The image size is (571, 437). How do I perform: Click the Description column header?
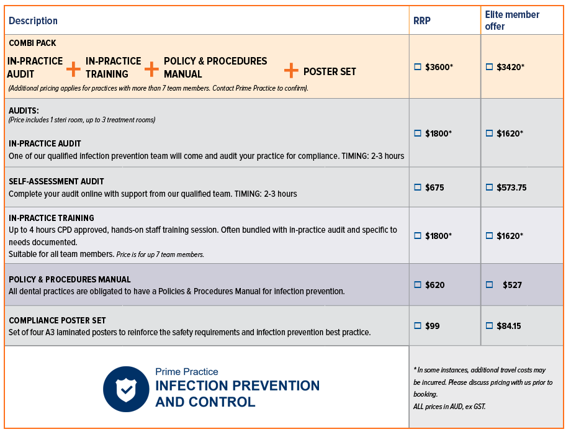33,21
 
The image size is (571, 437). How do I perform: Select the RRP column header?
422,21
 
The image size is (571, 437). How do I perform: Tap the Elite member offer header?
512,20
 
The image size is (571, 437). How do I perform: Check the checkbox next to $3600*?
418,66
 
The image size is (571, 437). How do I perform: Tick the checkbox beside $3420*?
489,66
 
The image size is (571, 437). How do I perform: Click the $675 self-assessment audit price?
434,187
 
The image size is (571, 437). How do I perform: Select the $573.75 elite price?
511,187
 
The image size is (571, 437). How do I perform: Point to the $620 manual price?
434,285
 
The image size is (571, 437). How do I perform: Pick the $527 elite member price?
512,285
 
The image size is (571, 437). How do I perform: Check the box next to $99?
418,325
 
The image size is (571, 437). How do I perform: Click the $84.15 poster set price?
509,325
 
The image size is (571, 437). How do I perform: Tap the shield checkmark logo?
126,389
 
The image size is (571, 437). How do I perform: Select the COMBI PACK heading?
32,43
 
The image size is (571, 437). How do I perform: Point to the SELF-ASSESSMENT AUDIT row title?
56,181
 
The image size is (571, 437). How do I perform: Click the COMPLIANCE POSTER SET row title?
57,320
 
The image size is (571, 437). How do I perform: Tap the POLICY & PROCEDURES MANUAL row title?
70,279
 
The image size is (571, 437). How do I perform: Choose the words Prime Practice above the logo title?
186,372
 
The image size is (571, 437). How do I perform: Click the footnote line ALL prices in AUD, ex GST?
449,407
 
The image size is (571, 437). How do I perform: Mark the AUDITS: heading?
24,110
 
